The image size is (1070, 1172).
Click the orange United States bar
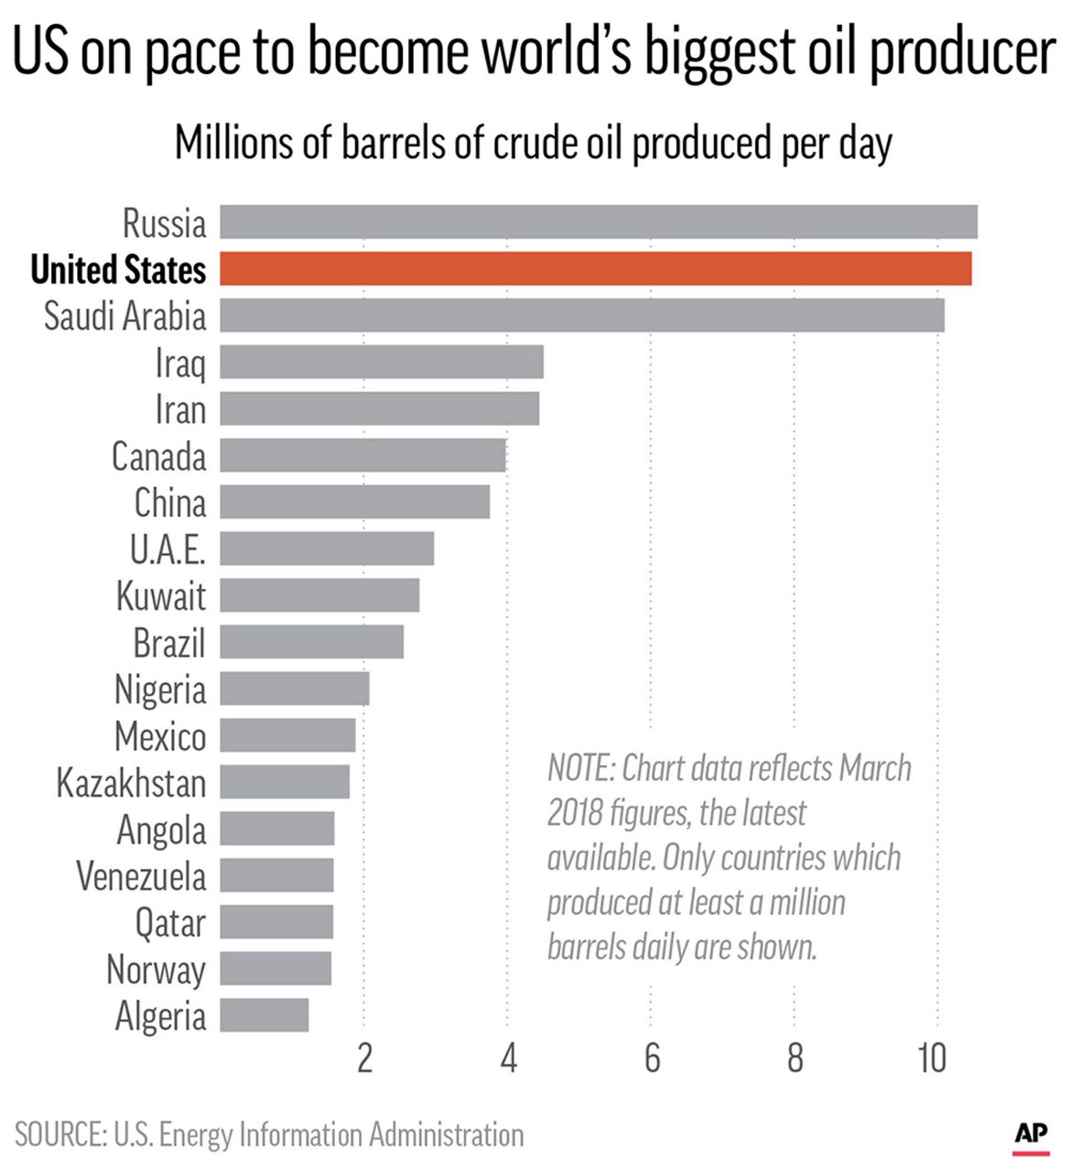[x=595, y=269]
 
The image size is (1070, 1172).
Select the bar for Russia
[x=598, y=222]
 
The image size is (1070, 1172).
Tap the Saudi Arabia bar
[x=581, y=316]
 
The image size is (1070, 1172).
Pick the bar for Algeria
[x=264, y=1015]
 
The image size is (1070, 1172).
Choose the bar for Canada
[x=362, y=455]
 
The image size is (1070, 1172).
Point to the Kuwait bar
[x=319, y=595]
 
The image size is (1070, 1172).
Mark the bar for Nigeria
[x=294, y=689]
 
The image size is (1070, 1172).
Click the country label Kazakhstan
[x=131, y=783]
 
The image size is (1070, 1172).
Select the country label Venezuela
[x=141, y=876]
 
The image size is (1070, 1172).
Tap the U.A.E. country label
[x=168, y=549]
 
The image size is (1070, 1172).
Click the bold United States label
[x=118, y=270]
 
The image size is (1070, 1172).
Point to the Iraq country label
[x=180, y=364]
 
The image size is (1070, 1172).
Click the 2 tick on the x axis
[x=364, y=1058]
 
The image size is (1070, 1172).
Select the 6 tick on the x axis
[x=652, y=1058]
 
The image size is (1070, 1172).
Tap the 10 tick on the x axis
[x=932, y=1058]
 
